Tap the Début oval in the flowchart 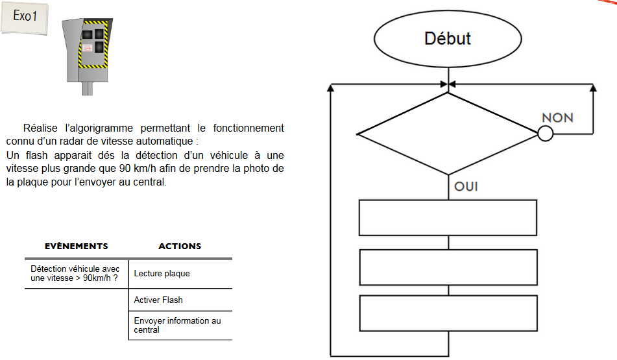coord(448,39)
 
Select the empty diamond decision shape coord(448,134)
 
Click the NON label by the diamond coord(557,117)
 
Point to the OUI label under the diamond coord(466,186)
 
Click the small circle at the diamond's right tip coord(545,134)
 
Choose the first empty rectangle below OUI coord(448,217)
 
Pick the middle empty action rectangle coord(448,267)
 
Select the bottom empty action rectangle coord(448,313)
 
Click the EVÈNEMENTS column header coord(77,246)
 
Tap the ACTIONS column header coord(180,246)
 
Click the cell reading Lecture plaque coord(162,274)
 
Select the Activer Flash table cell coord(158,300)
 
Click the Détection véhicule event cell coord(75,273)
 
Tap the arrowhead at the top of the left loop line coord(332,87)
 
